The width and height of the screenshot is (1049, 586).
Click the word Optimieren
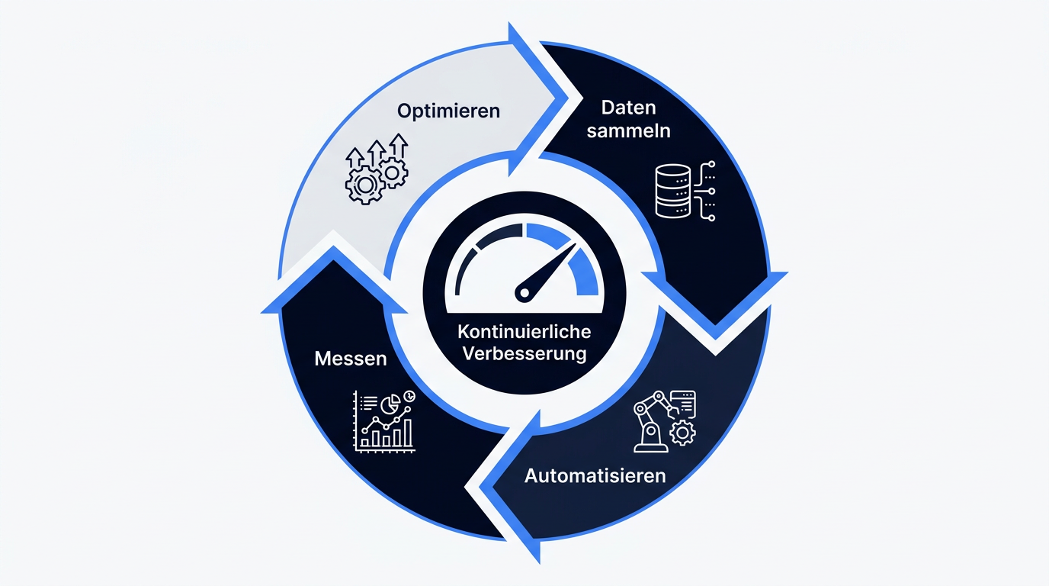(448, 111)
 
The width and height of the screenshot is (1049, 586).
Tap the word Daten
(628, 108)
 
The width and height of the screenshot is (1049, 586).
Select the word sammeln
(628, 130)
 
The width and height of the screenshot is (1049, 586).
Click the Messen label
(351, 359)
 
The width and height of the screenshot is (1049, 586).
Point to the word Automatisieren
(595, 476)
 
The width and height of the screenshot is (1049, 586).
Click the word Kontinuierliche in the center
(524, 332)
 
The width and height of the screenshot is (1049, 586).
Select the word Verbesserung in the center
(524, 353)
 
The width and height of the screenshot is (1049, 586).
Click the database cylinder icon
(673, 191)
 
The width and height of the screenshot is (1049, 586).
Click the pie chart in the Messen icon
(390, 404)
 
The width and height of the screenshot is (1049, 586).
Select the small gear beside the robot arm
(682, 433)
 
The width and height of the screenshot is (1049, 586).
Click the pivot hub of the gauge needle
(524, 294)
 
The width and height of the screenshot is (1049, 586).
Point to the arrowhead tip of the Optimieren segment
(568, 99)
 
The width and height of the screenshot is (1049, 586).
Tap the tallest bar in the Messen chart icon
(408, 433)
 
